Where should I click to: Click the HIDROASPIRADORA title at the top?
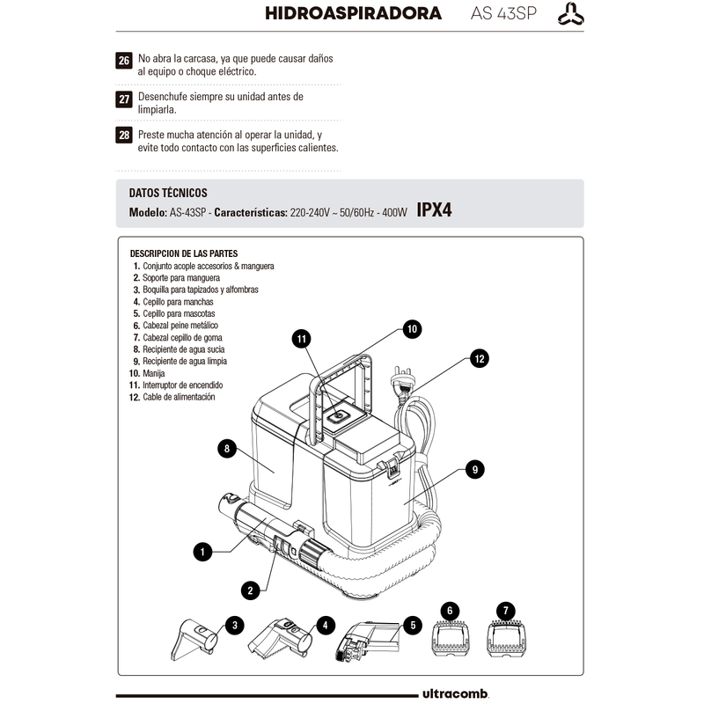point(353,13)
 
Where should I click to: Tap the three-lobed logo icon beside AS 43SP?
point(570,14)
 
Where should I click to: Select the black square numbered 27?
point(124,99)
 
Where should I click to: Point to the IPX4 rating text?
point(434,209)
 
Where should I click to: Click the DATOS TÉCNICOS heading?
point(168,193)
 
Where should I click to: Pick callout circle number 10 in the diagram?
point(412,329)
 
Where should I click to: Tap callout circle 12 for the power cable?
point(480,358)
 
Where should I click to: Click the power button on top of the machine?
point(339,417)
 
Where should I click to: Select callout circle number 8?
point(227,449)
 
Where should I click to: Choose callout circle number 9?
point(475,470)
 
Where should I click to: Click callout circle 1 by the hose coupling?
point(202,552)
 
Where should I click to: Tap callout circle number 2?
point(250,590)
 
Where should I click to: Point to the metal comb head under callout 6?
point(451,639)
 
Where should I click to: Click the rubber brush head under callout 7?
point(507,639)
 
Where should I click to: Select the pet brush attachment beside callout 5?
point(368,641)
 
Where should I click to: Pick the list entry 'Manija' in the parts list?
point(153,373)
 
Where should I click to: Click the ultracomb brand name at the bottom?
point(455,693)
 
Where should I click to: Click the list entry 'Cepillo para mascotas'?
point(179,313)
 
